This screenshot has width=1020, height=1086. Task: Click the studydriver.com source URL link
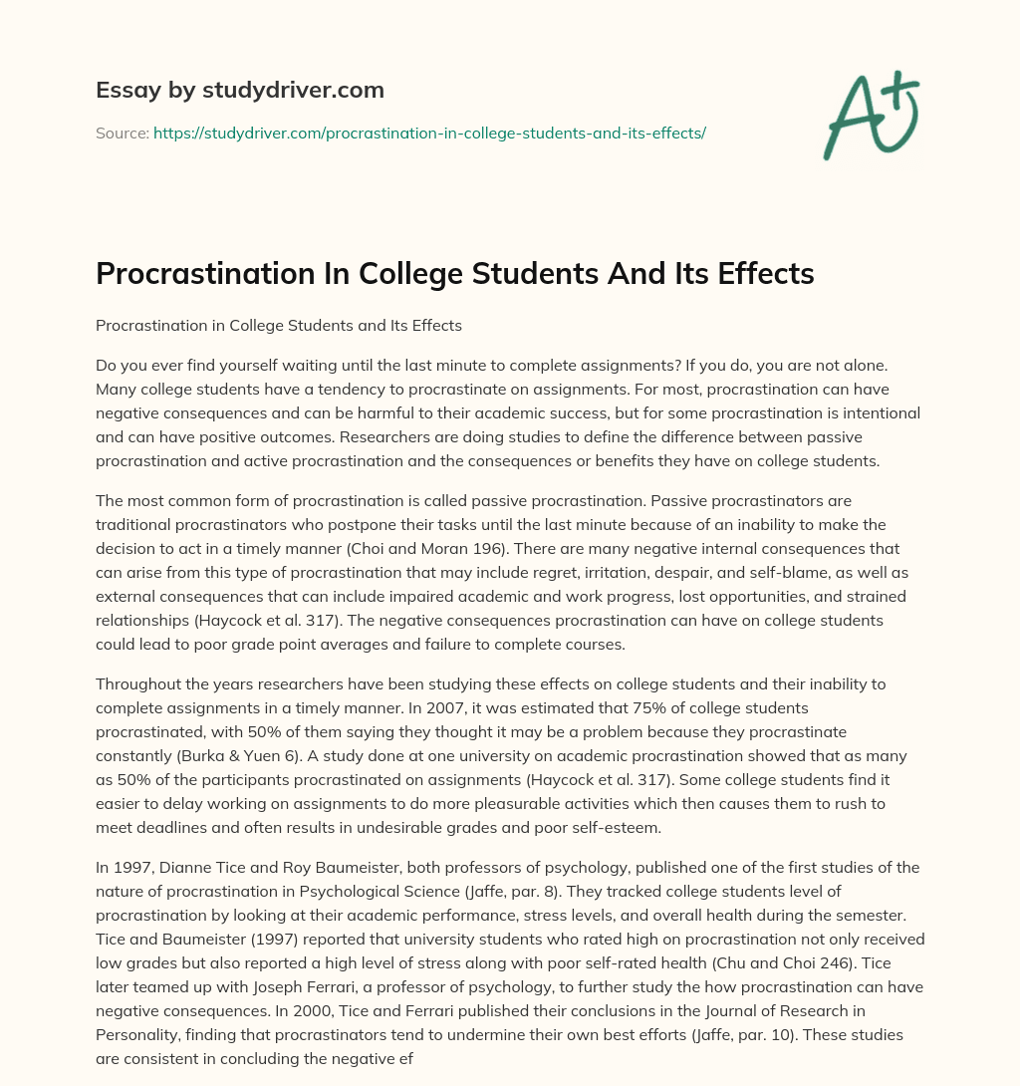point(429,133)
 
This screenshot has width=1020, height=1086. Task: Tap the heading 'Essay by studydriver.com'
point(240,90)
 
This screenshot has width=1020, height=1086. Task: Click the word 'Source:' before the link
point(122,133)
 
